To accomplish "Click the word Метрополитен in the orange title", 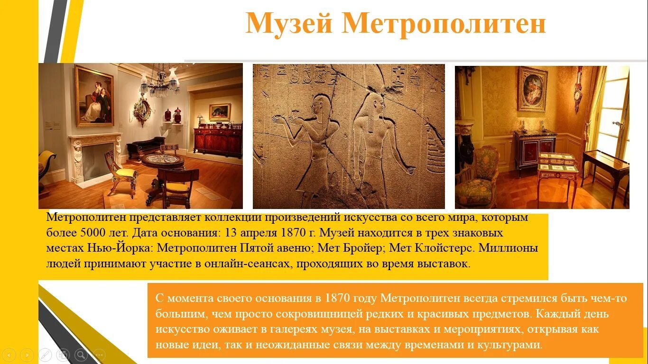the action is (x=444, y=24).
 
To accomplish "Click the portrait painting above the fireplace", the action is (x=94, y=96).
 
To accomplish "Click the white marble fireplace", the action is (x=95, y=157).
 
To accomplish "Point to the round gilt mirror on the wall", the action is (x=142, y=110).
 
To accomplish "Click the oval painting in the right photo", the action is (x=532, y=89).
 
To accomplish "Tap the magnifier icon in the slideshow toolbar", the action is (x=81, y=355).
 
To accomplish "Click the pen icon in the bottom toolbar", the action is (x=45, y=355).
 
